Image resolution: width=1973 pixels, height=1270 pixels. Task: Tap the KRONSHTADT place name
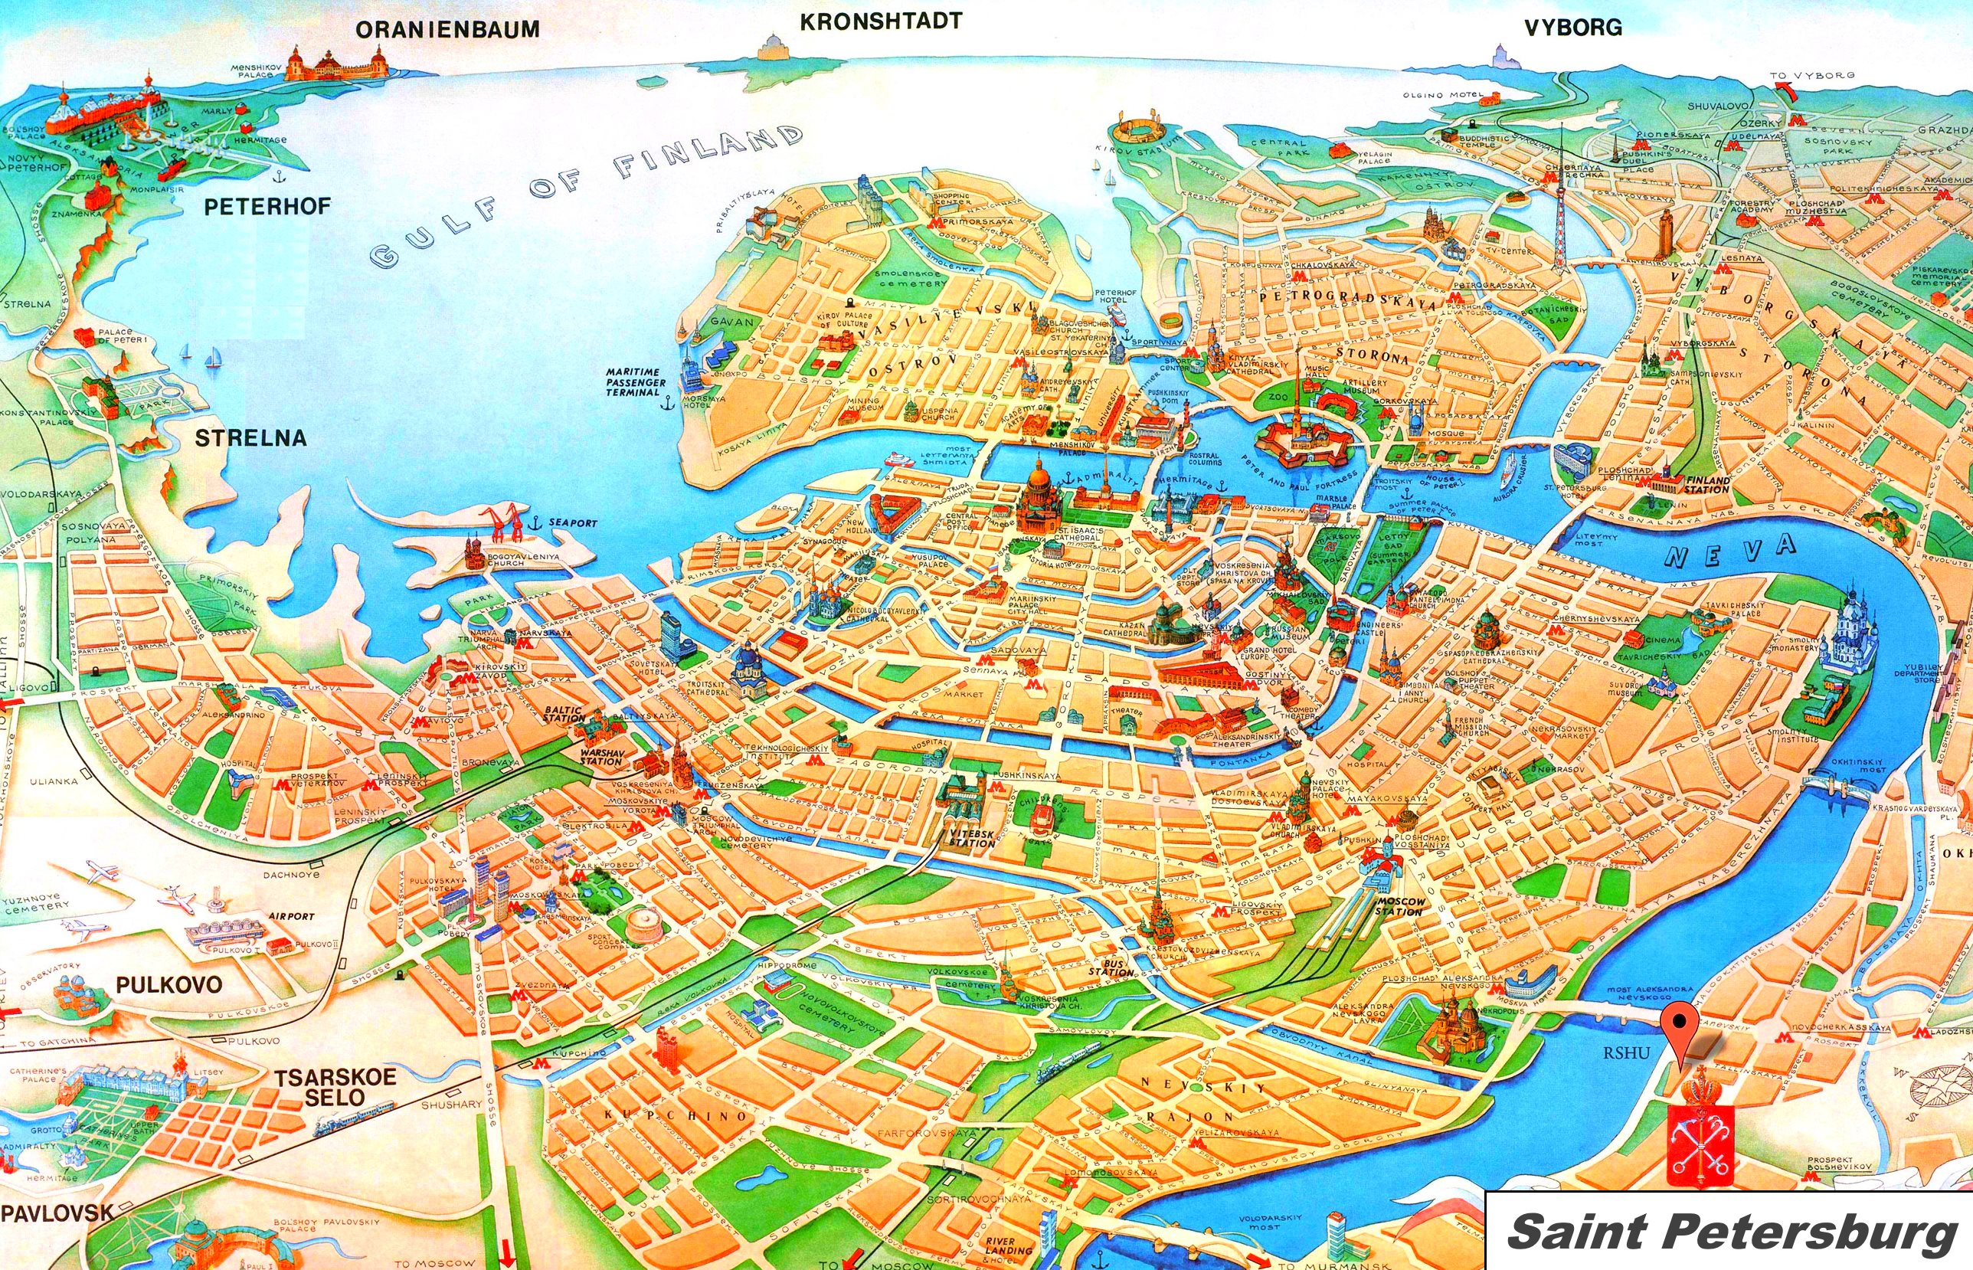(881, 21)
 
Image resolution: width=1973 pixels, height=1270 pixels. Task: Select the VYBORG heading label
(1572, 28)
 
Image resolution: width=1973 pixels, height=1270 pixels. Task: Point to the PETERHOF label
(267, 206)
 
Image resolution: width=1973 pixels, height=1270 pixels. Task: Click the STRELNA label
(250, 437)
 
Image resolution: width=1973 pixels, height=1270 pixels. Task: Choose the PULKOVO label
(169, 984)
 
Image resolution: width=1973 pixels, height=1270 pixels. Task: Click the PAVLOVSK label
(57, 1212)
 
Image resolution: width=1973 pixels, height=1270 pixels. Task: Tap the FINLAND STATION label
(1707, 485)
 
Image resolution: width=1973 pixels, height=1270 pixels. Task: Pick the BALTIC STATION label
(562, 714)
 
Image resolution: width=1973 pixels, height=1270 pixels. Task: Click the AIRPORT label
(291, 916)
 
